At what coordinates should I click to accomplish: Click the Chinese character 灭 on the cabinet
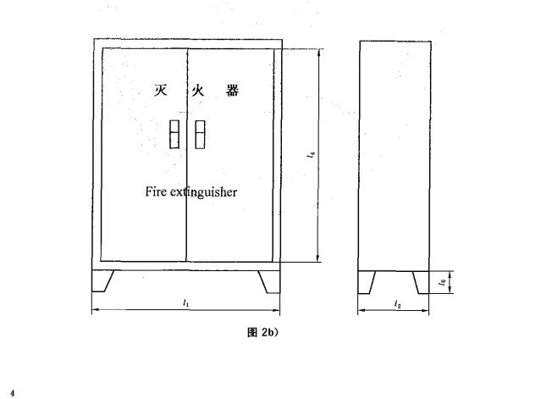(x=161, y=91)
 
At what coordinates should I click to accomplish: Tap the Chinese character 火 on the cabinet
(x=198, y=91)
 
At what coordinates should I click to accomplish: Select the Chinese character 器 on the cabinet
(x=233, y=91)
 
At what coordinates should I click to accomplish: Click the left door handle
(x=174, y=134)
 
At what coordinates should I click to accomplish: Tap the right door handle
(x=200, y=135)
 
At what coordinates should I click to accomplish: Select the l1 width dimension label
(x=186, y=303)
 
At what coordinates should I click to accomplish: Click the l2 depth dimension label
(x=398, y=304)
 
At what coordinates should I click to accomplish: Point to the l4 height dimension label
(x=311, y=154)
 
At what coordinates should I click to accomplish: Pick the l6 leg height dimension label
(x=443, y=282)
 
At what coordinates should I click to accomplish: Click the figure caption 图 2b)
(x=263, y=332)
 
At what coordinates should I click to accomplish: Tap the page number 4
(x=13, y=393)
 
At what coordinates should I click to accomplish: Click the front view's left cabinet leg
(x=101, y=281)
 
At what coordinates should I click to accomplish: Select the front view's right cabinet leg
(x=271, y=282)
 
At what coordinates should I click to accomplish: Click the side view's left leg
(x=366, y=282)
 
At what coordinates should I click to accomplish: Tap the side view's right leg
(x=422, y=282)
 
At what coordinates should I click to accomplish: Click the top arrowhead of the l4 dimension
(x=319, y=53)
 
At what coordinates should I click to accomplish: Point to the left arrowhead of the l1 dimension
(x=96, y=310)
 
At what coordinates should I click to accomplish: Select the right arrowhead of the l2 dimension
(x=425, y=311)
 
